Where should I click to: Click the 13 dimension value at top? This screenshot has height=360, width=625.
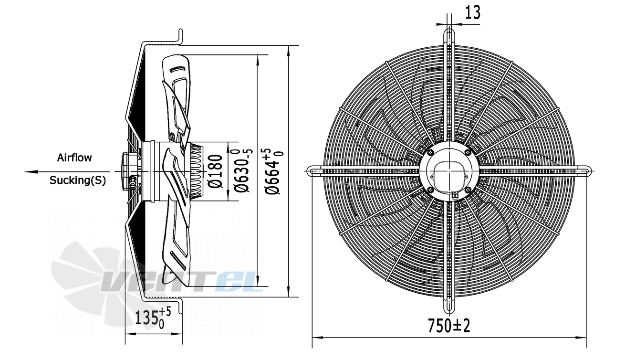(473, 12)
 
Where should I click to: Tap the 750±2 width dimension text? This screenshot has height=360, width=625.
(449, 326)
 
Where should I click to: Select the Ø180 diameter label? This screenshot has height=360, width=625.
(215, 171)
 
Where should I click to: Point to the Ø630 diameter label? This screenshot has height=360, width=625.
(243, 170)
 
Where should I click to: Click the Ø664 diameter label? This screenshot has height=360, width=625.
(274, 171)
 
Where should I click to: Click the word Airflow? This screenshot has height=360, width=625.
(74, 158)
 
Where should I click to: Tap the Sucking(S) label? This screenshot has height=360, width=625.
(78, 180)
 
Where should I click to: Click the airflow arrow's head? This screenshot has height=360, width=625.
(31, 172)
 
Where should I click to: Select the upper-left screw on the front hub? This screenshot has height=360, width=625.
(430, 152)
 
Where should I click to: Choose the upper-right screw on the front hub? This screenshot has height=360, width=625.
(468, 152)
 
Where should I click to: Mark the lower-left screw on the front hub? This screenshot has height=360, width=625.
(430, 190)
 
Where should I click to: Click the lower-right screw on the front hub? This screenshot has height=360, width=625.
(468, 190)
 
